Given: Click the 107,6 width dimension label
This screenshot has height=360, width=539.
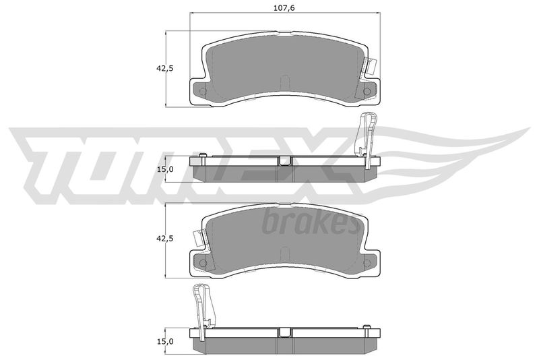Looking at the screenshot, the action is coord(284,8).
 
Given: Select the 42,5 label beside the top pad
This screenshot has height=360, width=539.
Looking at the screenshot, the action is coord(165,68).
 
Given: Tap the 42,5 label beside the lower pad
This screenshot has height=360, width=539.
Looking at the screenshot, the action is coord(165,238).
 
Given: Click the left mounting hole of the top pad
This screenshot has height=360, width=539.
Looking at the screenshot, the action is coord(203,92).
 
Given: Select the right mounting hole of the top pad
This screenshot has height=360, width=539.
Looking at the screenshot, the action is coord(367,92).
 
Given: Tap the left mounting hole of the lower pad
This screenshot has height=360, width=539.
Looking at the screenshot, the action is coord(203,264).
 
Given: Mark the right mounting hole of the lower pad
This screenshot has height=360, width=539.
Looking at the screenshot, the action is coord(367,264).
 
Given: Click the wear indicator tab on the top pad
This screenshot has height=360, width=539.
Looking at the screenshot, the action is coord(371,65).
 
